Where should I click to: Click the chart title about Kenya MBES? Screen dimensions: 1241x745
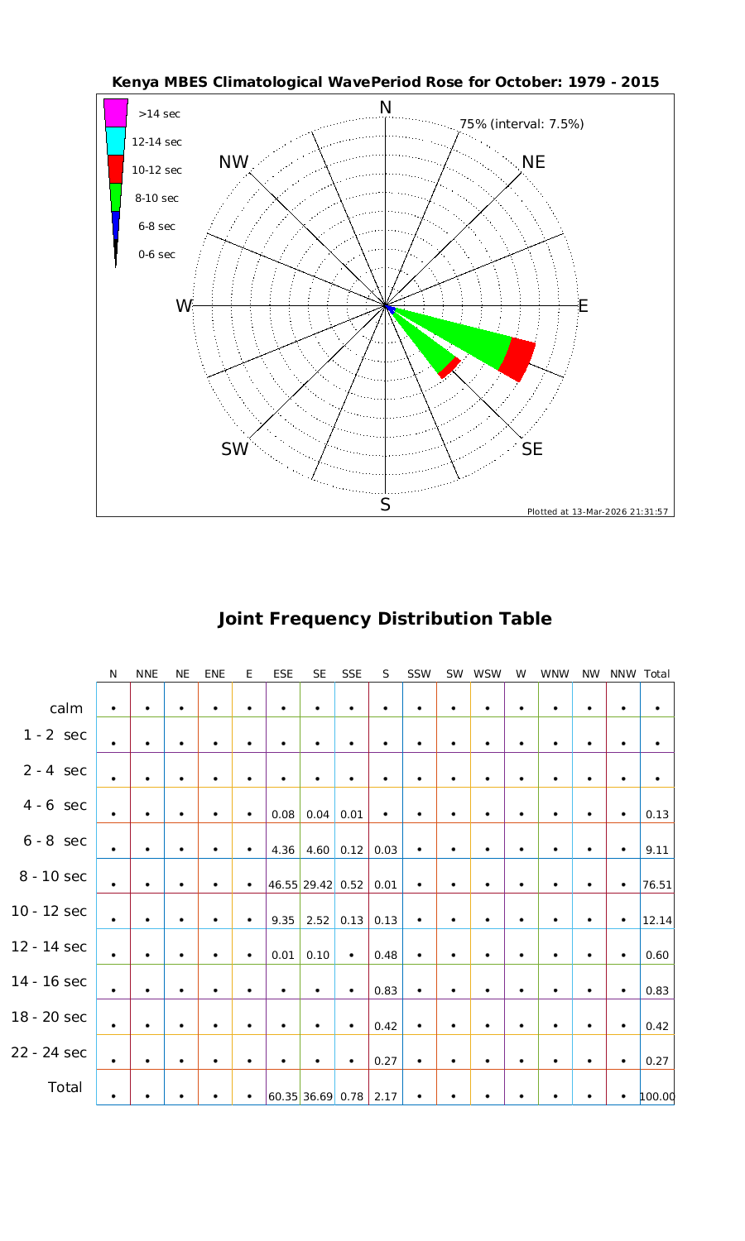[385, 82]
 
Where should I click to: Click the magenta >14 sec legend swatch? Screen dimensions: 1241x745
[116, 113]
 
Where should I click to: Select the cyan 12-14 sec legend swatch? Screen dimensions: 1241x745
[116, 141]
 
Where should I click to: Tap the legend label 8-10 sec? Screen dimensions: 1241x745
[157, 199]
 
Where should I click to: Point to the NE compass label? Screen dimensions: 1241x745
[534, 162]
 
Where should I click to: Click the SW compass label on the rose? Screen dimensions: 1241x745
[235, 449]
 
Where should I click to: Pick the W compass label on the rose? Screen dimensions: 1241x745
[183, 306]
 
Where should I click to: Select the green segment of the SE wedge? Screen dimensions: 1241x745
[426, 352]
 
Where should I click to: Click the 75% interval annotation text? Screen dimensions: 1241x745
[521, 124]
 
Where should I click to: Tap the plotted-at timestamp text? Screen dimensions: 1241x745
[597, 511]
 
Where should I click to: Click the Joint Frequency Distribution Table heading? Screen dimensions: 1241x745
[384, 619]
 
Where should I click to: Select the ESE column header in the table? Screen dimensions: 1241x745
[283, 674]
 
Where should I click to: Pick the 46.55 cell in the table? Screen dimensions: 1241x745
[283, 884]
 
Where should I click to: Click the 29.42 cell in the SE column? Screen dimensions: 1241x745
[318, 884]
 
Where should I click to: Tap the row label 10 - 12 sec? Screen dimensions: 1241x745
[49, 912]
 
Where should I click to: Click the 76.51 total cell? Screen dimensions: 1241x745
[657, 884]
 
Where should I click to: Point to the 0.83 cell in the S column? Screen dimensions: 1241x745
[386, 990]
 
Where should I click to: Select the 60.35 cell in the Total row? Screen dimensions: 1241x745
[283, 1097]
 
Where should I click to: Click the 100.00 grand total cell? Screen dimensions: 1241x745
[657, 1097]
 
